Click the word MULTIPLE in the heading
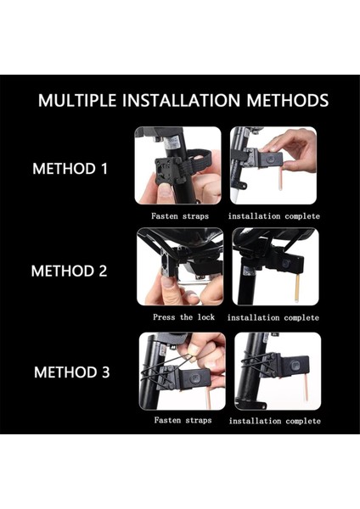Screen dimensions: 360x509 tap(77, 100)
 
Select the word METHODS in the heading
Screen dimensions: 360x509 tap(288, 100)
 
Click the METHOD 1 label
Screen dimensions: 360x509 tap(70, 169)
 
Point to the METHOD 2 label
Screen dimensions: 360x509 tap(70, 271)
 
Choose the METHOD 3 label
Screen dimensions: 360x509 tap(72, 372)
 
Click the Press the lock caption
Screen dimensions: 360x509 tap(184, 317)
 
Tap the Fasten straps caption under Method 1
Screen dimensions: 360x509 tap(180, 215)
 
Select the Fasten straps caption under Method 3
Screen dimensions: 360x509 tap(183, 420)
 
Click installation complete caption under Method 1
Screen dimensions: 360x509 tap(274, 216)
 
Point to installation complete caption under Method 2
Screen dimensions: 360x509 tap(273, 317)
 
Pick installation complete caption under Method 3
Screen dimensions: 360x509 tap(275, 421)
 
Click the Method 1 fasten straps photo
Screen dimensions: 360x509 tap(178, 165)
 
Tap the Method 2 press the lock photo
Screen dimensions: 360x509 tap(180, 267)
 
